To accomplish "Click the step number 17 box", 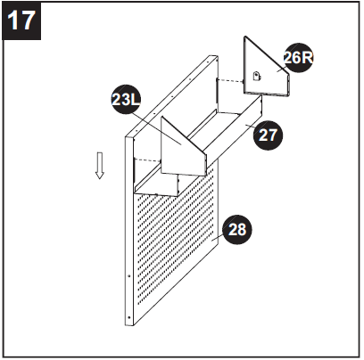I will (x=22, y=20).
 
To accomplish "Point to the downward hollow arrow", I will (x=100, y=164).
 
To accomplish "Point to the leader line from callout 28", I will (x=220, y=235).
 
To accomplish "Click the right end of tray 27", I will (x=259, y=111).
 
